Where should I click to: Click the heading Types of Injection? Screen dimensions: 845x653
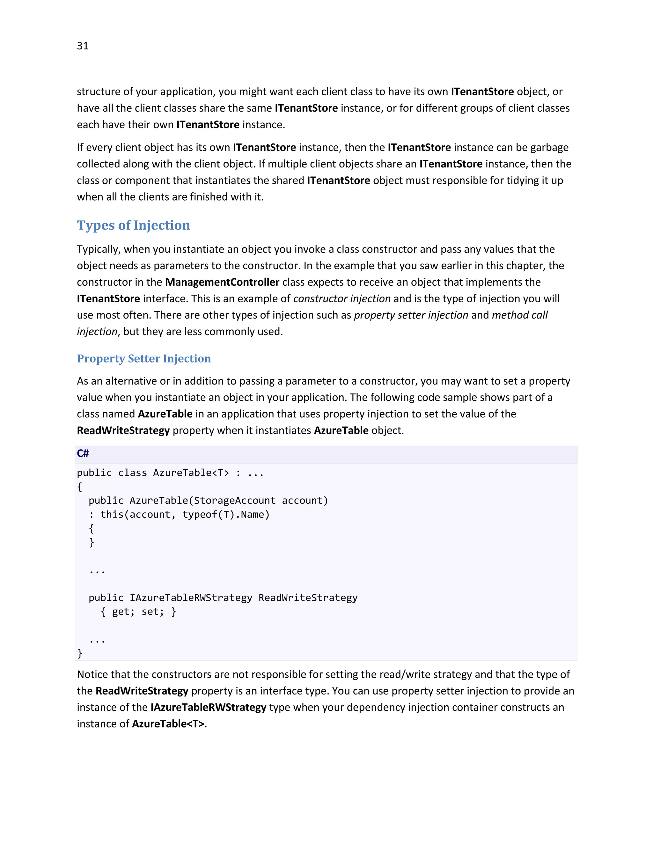point(134,225)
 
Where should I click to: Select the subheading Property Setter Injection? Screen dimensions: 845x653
point(144,358)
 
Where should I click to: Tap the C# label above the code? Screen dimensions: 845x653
point(83,453)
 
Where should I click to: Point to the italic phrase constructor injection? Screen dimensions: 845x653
point(342,299)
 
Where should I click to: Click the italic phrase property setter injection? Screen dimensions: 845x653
point(411,315)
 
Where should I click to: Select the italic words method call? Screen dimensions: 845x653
point(519,315)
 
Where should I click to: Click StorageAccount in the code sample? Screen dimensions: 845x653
point(234,500)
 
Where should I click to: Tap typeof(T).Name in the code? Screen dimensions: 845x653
point(226,514)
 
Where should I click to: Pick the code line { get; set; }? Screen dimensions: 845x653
point(138,611)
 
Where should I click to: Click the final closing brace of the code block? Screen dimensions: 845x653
point(80,653)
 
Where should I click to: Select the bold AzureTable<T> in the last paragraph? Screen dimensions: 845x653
point(168,724)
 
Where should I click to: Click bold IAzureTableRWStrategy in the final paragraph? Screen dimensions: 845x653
point(209,707)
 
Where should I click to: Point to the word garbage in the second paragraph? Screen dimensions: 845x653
point(549,147)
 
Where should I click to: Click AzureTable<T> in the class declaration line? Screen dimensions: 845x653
point(191,473)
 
